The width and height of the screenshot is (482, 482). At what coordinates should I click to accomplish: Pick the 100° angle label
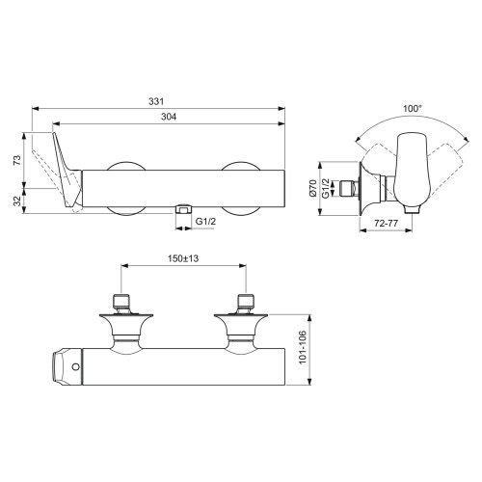413,109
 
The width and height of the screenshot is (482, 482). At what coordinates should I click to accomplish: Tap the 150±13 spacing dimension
183,258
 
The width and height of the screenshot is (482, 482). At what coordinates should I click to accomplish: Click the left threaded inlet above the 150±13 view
120,302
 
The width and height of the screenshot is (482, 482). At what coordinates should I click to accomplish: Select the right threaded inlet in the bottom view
246,302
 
